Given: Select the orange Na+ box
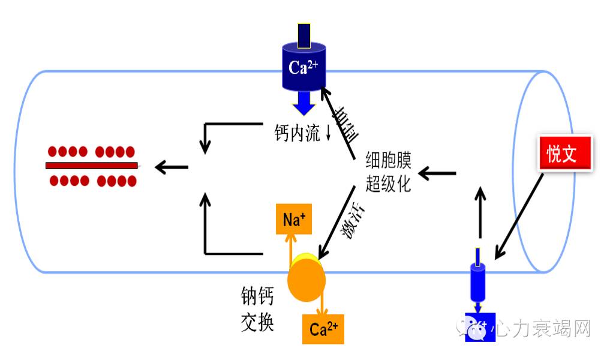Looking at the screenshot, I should pyautogui.click(x=294, y=219).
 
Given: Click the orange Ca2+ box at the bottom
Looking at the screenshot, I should pyautogui.click(x=323, y=328).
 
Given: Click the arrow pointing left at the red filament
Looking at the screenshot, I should pyautogui.click(x=171, y=167).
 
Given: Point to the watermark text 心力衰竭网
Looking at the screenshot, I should pyautogui.click(x=541, y=328).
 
